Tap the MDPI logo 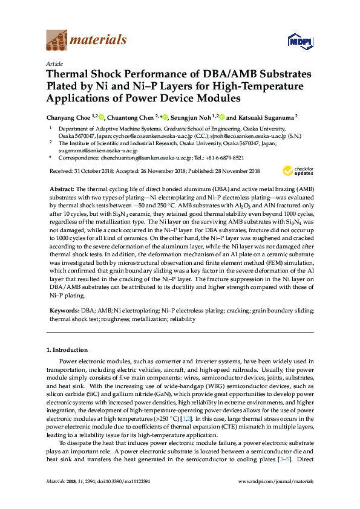(x=295, y=41)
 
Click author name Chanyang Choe (x=68, y=117)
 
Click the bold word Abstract (x=62, y=189)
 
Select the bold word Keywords (x=64, y=310)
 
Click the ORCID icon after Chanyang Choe (x=101, y=117)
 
